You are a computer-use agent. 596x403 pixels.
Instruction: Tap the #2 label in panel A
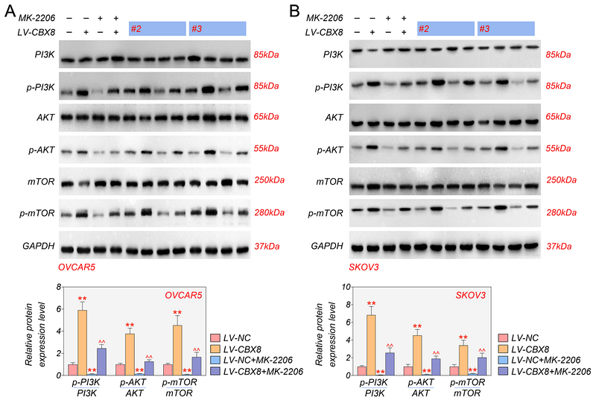coord(136,29)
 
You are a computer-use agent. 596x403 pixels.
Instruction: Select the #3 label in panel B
coord(484,28)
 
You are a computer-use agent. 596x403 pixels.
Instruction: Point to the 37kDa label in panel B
coord(558,246)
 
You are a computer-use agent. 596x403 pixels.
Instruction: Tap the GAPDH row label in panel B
coord(328,246)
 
